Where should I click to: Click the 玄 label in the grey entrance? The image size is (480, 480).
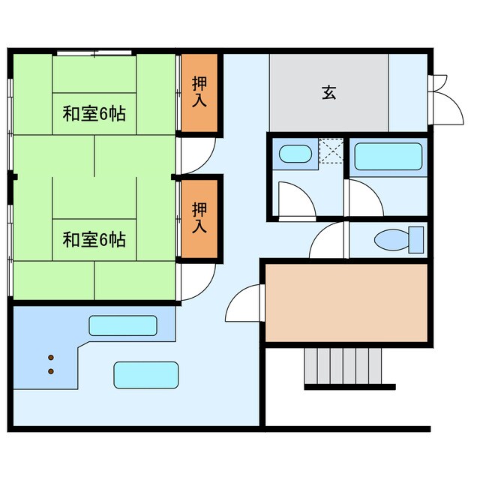[x=329, y=93]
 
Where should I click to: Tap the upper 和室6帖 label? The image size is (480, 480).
[x=94, y=113]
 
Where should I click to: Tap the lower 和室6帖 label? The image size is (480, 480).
[x=94, y=240]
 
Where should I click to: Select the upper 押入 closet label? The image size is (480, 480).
[x=199, y=91]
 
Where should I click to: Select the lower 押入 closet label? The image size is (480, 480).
[x=199, y=217]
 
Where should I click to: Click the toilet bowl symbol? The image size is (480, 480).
[x=392, y=239]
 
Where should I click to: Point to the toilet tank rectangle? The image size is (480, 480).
[x=416, y=240]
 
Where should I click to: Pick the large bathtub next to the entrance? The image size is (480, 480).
[x=388, y=157]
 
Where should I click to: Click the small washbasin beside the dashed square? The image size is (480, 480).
[x=295, y=154]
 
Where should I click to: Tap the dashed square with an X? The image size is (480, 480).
[x=331, y=151]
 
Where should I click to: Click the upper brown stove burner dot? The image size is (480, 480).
[x=51, y=357]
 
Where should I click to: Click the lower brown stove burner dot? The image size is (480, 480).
[x=51, y=371]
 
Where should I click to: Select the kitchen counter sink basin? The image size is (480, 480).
[x=123, y=325]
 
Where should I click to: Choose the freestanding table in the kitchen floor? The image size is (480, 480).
[x=146, y=375]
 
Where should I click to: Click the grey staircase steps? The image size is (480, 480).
[x=343, y=366]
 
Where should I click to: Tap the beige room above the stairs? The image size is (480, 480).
[x=346, y=303]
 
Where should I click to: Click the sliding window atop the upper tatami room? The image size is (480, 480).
[x=94, y=53]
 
